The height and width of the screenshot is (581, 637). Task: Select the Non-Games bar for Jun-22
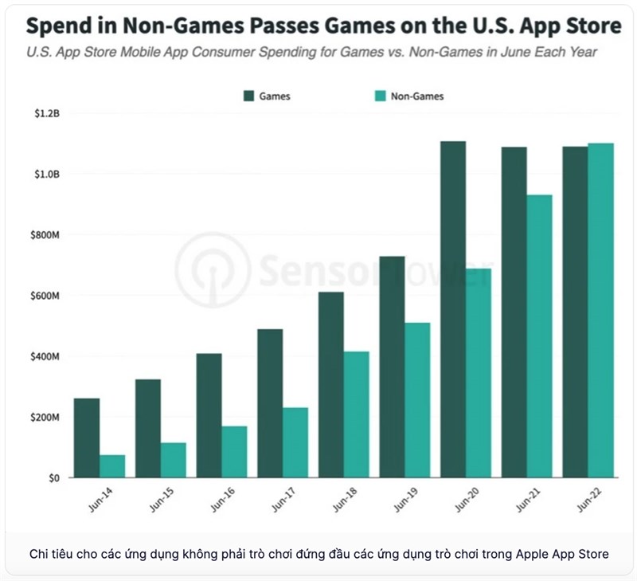600,311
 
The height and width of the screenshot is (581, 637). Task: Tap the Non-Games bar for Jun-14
112,466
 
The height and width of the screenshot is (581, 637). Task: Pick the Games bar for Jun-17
270,403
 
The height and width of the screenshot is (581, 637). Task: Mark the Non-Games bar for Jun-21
539,336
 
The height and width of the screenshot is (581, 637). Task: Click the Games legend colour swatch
248,96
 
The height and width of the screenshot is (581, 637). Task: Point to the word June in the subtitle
509,53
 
